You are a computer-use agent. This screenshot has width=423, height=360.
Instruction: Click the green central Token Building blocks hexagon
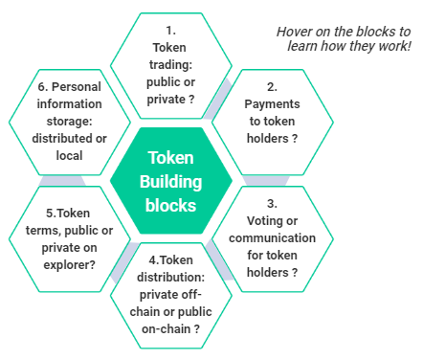[x=171, y=181]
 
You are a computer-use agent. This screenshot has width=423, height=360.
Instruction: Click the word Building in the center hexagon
[x=171, y=182]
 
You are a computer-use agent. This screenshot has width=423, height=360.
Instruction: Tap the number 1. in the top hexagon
[x=171, y=31]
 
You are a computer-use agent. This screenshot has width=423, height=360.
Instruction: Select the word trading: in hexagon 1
[x=171, y=65]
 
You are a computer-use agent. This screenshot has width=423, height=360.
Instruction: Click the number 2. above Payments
[x=272, y=87]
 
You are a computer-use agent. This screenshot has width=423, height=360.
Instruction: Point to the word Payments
[x=272, y=104]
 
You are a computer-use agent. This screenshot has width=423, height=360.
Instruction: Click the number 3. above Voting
[x=272, y=203]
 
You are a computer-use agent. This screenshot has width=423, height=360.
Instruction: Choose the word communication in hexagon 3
[x=272, y=238]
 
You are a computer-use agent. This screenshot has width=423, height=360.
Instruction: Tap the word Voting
[x=261, y=221]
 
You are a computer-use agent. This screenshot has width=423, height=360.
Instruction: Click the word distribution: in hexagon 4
[x=171, y=277]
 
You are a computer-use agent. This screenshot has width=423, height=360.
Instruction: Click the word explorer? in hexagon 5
[x=70, y=265]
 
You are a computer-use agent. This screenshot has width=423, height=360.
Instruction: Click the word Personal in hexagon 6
[x=77, y=87]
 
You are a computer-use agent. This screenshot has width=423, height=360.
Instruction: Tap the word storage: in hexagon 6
[x=70, y=122]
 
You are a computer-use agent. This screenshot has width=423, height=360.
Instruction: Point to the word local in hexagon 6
[x=69, y=156]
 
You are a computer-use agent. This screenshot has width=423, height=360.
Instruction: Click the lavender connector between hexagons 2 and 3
[x=266, y=181]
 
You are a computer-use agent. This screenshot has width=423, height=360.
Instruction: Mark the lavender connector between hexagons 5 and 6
[x=62, y=181]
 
